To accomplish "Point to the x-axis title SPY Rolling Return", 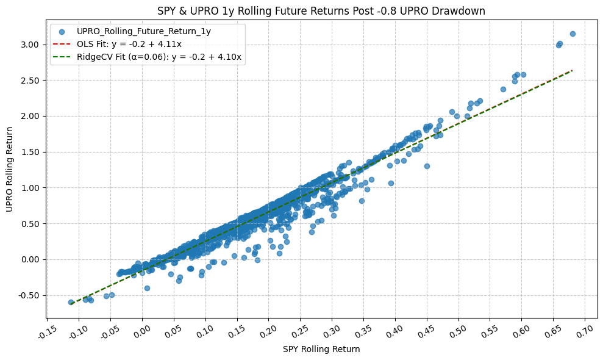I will [321, 350].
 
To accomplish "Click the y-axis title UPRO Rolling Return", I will [10, 169].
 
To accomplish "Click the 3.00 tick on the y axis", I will [30, 45].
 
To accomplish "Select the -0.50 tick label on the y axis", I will [29, 295].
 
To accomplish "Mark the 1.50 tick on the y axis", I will [30, 152].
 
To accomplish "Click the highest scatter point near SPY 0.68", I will [573, 34].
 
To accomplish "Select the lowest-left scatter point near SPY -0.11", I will [71, 302].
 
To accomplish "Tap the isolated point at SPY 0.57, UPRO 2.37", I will [503, 89].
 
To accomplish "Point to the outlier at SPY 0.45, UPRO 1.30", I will [427, 166].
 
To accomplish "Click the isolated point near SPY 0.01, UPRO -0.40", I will [147, 288].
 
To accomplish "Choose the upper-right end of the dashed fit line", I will [572, 71].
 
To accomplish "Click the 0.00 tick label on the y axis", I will [30, 259].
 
